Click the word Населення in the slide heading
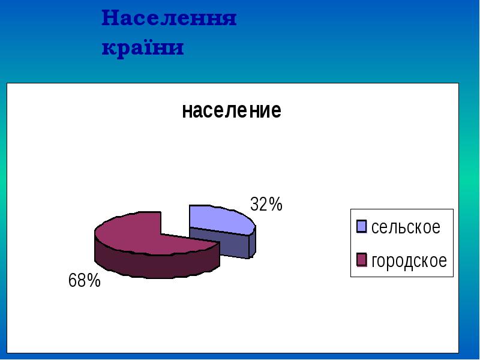(x=169, y=19)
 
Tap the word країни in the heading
(x=142, y=47)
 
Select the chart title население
(x=231, y=111)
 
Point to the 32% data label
(x=266, y=205)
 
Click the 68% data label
(x=84, y=280)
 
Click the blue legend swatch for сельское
(x=361, y=226)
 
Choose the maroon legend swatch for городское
(x=361, y=260)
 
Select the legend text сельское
(x=406, y=227)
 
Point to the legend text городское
(x=409, y=261)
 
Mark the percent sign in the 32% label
(x=275, y=205)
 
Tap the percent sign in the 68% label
(x=93, y=280)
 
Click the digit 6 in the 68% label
(x=73, y=280)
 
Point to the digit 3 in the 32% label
(x=254, y=205)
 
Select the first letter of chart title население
(x=186, y=112)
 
